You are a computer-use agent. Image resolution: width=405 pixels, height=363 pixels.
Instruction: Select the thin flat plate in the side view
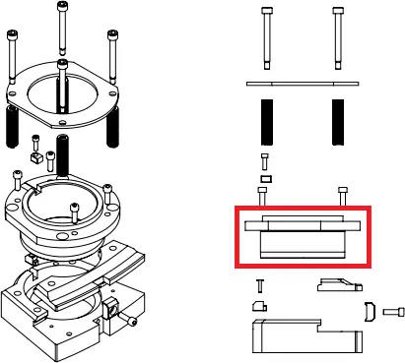(302, 85)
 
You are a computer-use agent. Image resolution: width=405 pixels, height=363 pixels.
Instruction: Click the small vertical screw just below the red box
(259, 286)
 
